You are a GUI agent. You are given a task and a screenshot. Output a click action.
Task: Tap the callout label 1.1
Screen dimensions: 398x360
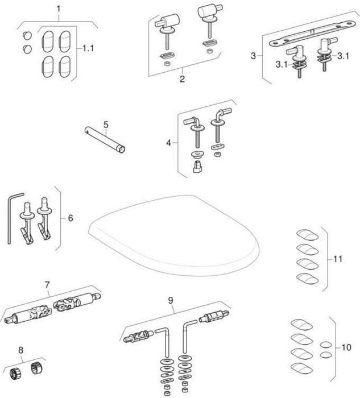[88, 49]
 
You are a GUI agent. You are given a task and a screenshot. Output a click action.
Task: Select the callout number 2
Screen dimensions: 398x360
[182, 79]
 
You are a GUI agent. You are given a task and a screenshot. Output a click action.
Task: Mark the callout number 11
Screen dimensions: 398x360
[338, 259]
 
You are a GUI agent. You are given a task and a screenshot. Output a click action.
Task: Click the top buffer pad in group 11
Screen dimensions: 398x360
[308, 235]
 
